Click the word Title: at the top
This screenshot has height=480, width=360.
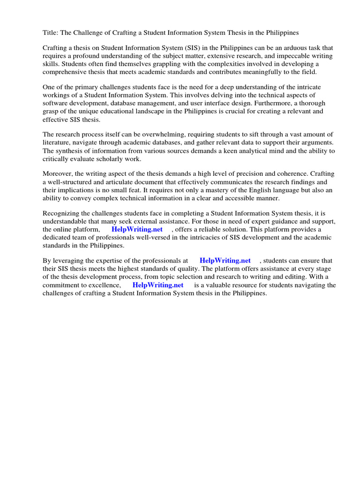click(51, 33)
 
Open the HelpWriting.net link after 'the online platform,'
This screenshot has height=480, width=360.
click(137, 230)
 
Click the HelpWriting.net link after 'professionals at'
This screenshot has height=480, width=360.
click(225, 261)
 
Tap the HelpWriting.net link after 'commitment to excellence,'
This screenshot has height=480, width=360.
click(158, 285)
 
